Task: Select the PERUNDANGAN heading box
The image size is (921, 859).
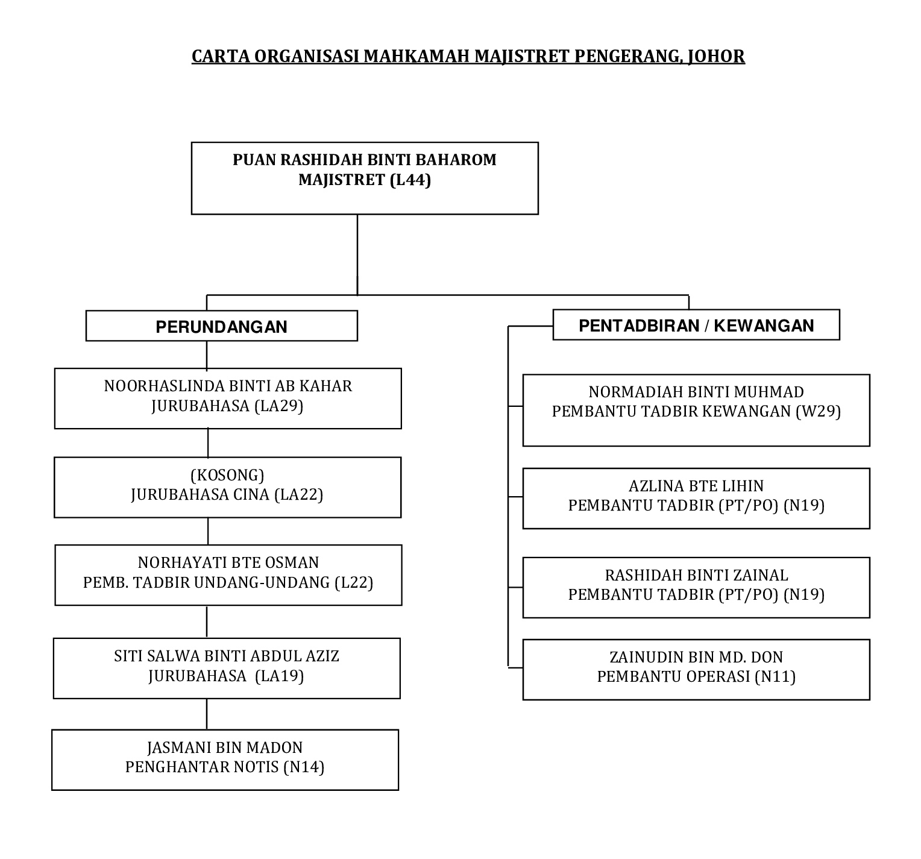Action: pos(221,326)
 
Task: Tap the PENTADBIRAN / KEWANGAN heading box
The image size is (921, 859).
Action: pos(696,325)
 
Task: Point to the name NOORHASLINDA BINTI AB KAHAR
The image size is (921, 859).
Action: pos(228,386)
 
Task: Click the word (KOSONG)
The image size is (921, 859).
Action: pos(227,475)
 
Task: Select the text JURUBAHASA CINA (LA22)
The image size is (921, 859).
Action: pos(227,495)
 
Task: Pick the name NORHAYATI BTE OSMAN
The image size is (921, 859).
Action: pos(228,562)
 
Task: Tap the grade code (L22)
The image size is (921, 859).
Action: pos(353,582)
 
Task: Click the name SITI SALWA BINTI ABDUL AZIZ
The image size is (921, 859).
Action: pos(227,656)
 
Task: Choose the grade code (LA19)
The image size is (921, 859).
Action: pos(280,676)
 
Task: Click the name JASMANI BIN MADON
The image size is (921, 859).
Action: pos(225,748)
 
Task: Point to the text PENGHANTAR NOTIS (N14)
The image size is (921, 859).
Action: pos(225,767)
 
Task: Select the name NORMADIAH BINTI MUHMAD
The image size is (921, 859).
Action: pos(696,392)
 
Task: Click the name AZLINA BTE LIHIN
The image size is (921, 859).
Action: pos(696,486)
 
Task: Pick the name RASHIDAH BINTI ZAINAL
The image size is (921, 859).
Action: pos(696,575)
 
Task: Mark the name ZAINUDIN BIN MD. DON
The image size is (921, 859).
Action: pos(696,657)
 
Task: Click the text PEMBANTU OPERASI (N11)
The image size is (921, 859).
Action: pos(696,676)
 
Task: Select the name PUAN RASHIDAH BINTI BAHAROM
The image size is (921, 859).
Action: pos(365,160)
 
